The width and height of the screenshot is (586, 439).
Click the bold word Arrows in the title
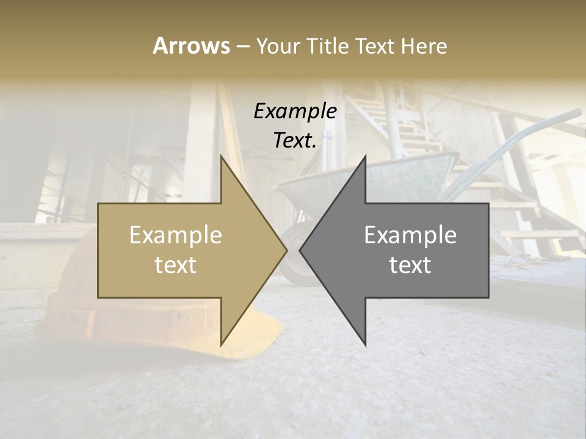click(x=192, y=46)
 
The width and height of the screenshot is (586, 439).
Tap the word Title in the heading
click(x=328, y=46)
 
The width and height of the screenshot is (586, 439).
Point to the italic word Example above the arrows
click(x=295, y=111)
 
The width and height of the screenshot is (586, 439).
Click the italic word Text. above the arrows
click(x=295, y=140)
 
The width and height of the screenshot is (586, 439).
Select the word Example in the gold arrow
click(x=176, y=235)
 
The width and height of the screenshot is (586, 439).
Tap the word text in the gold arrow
click(x=176, y=265)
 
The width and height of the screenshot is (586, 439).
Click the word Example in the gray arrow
click(x=410, y=235)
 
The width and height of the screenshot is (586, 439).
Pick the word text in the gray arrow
click(x=410, y=265)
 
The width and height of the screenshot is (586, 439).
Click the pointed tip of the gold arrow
click(x=286, y=250)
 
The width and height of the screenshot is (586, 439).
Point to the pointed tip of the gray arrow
click(x=301, y=250)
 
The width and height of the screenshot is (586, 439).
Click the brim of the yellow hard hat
click(x=256, y=341)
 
